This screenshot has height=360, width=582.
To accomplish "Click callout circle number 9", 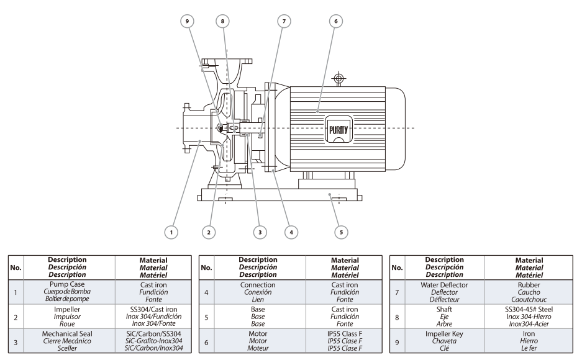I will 184,20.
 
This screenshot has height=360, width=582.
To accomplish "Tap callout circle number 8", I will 222,20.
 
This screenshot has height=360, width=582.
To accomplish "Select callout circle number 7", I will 284,20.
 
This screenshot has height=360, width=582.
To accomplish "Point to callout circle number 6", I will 335,20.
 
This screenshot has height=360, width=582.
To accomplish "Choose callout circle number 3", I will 261,232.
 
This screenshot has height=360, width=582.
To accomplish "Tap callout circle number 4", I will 289,232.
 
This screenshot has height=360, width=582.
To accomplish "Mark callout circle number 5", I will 340,232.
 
